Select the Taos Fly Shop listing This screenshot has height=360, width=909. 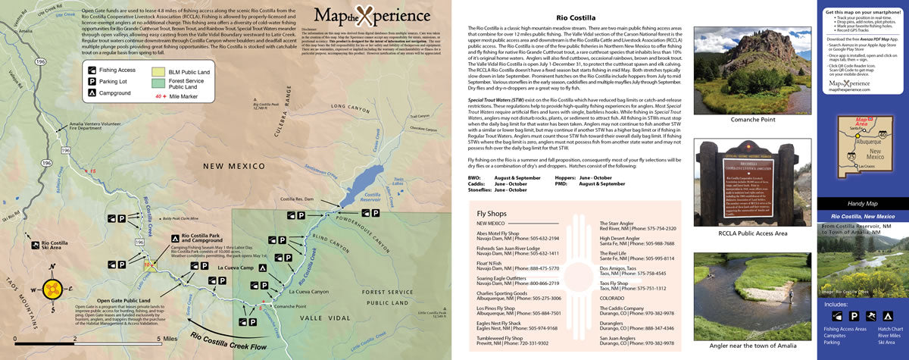pos(615,283)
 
